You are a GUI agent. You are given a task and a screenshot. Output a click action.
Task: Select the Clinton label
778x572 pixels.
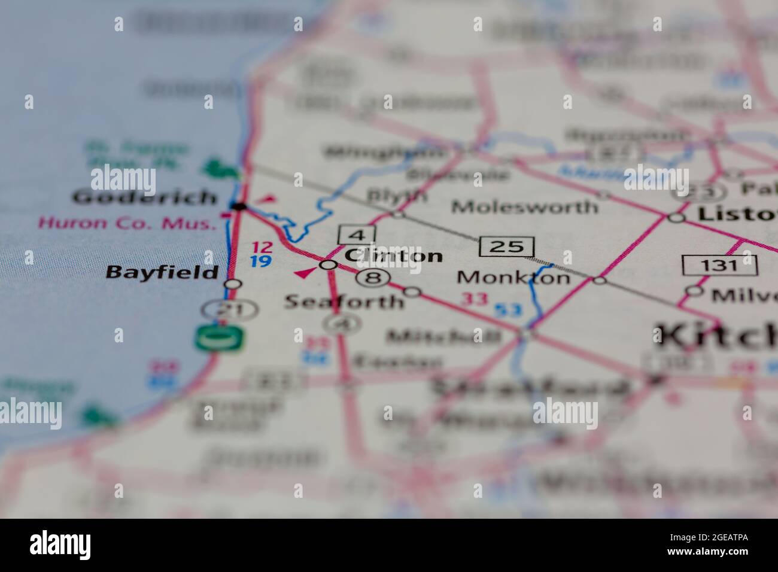click(393, 256)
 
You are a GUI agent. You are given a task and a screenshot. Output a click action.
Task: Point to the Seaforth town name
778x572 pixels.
click(344, 300)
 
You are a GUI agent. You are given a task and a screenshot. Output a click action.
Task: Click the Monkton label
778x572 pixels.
click(513, 278)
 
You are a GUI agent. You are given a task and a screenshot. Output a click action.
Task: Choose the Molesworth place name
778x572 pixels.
click(524, 207)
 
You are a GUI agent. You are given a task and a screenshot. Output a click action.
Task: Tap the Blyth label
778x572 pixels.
click(397, 196)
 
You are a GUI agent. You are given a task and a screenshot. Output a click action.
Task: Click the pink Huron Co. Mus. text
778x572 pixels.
click(126, 224)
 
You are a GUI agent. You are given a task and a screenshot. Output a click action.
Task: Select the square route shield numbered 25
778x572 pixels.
click(506, 246)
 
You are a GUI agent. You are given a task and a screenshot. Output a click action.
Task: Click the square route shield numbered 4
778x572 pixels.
click(356, 234)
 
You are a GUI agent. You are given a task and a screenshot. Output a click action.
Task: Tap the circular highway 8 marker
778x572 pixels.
click(373, 278)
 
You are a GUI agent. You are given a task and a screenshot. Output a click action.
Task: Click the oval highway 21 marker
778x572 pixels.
click(221, 309)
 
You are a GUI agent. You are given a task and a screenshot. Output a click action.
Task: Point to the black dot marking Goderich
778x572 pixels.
click(239, 207)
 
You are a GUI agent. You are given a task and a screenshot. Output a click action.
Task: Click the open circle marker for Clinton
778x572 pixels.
click(328, 264)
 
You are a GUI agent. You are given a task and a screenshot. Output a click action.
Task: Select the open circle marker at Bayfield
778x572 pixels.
click(233, 284)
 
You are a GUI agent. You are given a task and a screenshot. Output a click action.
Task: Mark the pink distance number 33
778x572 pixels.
click(478, 299)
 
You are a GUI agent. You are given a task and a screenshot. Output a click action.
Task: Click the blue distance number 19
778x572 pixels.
click(261, 261)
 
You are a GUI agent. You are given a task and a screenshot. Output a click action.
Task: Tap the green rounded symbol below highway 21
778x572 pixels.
click(219, 338)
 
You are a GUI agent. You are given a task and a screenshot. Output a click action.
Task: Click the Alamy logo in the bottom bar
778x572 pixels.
click(60, 544)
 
